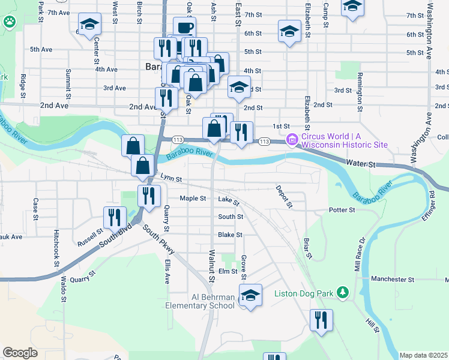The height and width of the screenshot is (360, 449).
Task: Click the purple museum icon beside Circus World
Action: [293, 140]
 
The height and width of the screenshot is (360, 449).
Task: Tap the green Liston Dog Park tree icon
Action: [343, 293]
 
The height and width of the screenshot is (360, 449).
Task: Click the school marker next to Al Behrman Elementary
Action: [251, 295]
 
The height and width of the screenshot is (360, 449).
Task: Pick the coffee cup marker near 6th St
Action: [184, 27]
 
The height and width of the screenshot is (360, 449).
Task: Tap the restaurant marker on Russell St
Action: [114, 218]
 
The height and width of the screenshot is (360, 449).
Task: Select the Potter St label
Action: [342, 211]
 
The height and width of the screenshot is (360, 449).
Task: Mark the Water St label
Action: [360, 163]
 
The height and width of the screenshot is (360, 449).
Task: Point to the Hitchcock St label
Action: [56, 248]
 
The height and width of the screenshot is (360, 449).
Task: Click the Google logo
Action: [20, 353]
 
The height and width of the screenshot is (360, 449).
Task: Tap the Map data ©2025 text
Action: [423, 355]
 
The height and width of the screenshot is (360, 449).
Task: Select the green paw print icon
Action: [10, 23]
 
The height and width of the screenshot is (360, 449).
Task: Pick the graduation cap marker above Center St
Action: [90, 25]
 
